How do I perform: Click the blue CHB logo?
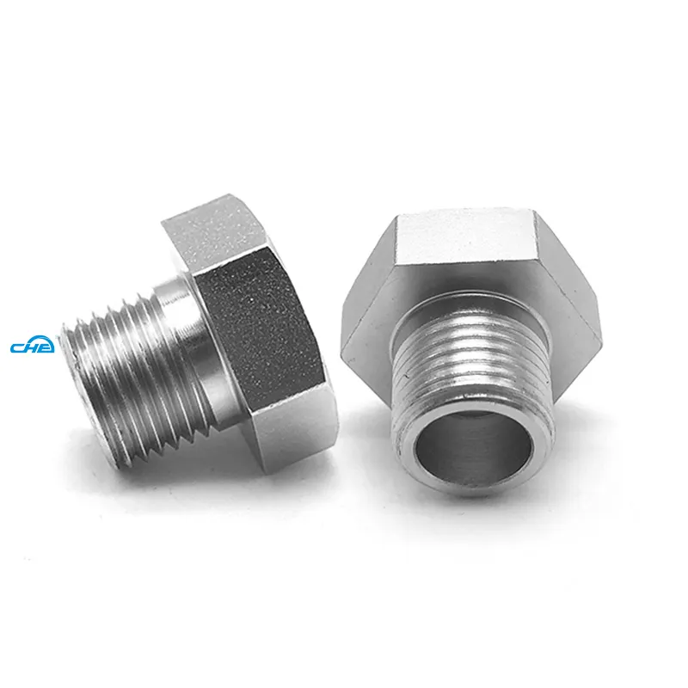(x=33, y=347)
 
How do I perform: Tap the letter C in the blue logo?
(x=18, y=347)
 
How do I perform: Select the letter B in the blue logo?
(x=46, y=347)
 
